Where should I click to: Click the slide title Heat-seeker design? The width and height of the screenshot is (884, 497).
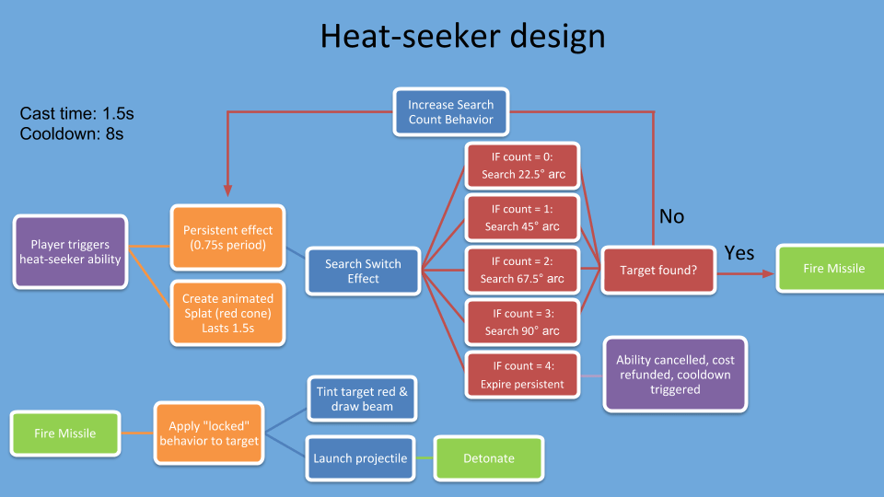(462, 37)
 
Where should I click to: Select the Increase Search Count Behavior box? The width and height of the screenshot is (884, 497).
(450, 112)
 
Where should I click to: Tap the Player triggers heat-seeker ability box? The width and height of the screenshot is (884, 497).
(70, 252)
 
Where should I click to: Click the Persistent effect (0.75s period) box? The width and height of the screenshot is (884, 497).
(227, 238)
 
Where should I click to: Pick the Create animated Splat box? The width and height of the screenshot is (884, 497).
(227, 313)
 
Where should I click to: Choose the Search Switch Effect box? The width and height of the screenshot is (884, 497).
(363, 271)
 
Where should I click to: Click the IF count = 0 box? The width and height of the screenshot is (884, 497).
(522, 167)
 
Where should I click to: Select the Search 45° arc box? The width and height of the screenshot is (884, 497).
(522, 218)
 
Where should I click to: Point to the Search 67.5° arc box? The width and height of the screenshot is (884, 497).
(522, 271)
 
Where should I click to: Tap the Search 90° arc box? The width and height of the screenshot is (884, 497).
(522, 322)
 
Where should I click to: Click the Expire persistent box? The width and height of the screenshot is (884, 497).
(522, 376)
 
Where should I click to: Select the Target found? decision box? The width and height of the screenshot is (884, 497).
(657, 271)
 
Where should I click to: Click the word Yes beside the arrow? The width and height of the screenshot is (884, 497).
(739, 252)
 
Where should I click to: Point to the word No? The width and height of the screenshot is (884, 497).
(672, 216)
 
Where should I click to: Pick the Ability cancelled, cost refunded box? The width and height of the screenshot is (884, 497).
(675, 374)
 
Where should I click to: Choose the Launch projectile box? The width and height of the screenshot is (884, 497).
(359, 458)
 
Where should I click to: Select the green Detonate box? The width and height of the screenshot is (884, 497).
(489, 458)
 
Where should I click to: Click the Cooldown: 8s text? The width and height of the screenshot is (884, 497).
(72, 133)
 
